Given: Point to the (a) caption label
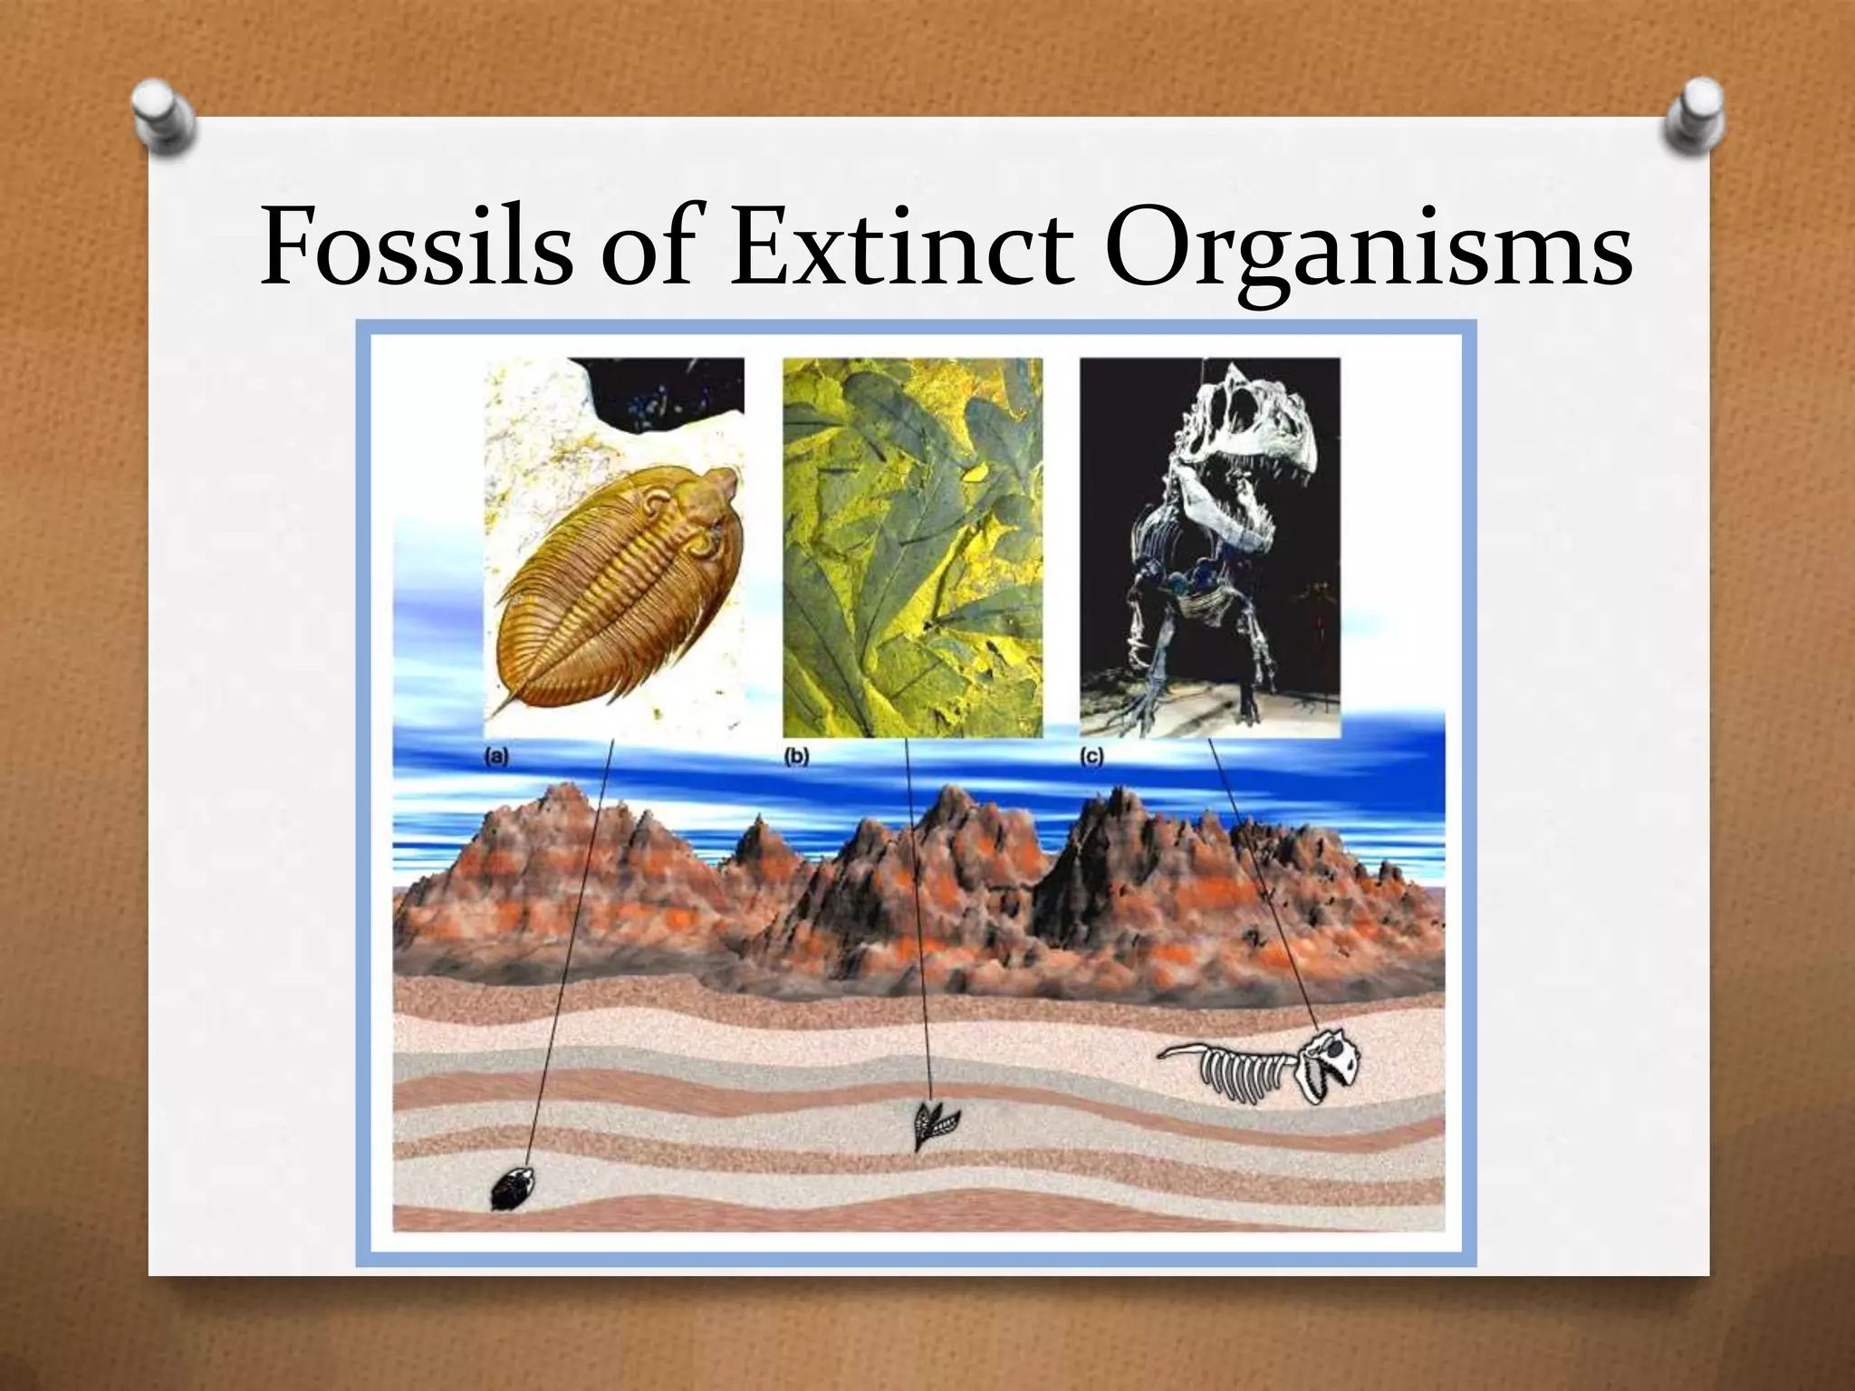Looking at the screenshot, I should [x=497, y=757].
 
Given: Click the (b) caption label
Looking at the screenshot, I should [x=795, y=757].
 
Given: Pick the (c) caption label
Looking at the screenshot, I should [x=1092, y=757].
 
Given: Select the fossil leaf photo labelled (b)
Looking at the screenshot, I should [x=912, y=547].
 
